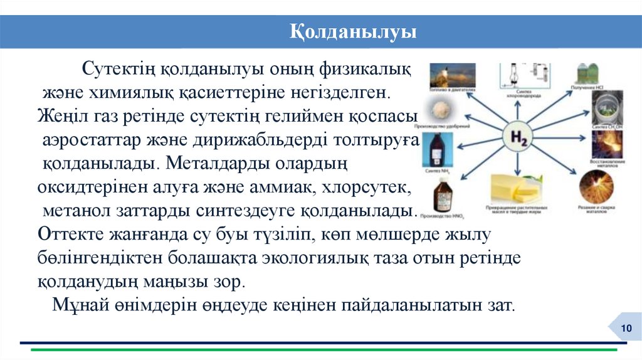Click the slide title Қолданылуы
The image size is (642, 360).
[353, 32]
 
